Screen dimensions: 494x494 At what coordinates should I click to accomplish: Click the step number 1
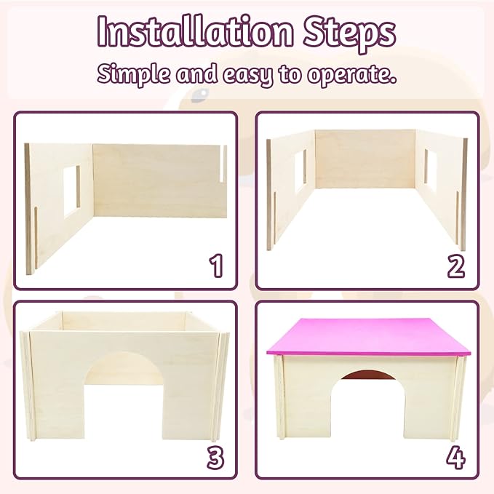click(215, 266)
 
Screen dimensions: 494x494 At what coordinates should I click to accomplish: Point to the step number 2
click(455, 266)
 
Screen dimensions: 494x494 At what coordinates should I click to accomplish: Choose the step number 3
click(215, 457)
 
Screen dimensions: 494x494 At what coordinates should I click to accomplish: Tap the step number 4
click(456, 457)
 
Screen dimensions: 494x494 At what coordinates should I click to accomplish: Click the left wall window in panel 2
click(300, 172)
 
